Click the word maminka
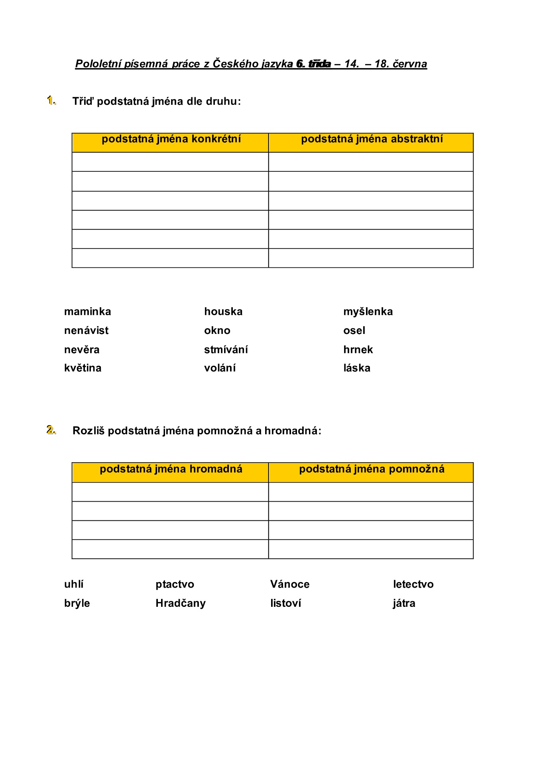tap(87, 312)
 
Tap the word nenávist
tap(86, 331)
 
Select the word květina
tap(83, 368)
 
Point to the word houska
tap(223, 312)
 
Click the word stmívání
tap(226, 350)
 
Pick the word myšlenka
tap(368, 312)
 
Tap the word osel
tap(354, 331)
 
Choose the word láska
tap(357, 368)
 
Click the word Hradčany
tap(181, 603)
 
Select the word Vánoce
tap(290, 585)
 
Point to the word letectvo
tap(413, 585)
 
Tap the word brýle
tap(77, 604)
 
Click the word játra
tap(404, 604)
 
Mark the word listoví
tap(285, 603)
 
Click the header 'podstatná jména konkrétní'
tap(171, 139)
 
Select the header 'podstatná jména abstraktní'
tap(372, 139)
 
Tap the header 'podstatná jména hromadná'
tap(171, 469)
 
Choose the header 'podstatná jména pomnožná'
tap(372, 469)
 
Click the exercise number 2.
tap(51, 430)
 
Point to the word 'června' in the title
tap(410, 64)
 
